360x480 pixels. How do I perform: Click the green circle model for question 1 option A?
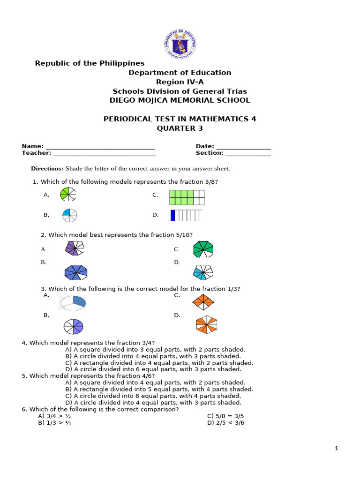click(x=68, y=195)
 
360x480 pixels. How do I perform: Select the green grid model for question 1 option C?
click(x=187, y=197)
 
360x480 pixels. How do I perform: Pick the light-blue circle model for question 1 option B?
click(x=69, y=215)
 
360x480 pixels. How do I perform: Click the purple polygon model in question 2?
click(x=74, y=248)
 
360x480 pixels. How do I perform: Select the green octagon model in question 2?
click(x=203, y=249)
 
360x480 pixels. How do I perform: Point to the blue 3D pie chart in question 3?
click(x=73, y=302)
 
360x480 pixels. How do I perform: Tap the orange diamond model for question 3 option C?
click(x=203, y=302)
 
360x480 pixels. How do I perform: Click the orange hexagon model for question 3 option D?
click(x=207, y=324)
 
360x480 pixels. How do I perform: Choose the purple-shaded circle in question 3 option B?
click(x=74, y=326)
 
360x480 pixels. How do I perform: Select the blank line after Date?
click(x=243, y=147)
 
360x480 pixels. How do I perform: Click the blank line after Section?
click(x=248, y=153)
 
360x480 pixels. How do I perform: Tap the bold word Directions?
click(x=47, y=169)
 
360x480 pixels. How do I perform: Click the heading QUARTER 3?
click(x=180, y=129)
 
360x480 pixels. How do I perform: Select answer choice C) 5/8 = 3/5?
click(x=225, y=416)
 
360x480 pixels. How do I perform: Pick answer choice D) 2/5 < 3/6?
click(x=225, y=422)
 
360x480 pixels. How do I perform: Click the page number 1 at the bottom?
click(x=336, y=449)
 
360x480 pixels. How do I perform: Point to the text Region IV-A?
click(x=180, y=82)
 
